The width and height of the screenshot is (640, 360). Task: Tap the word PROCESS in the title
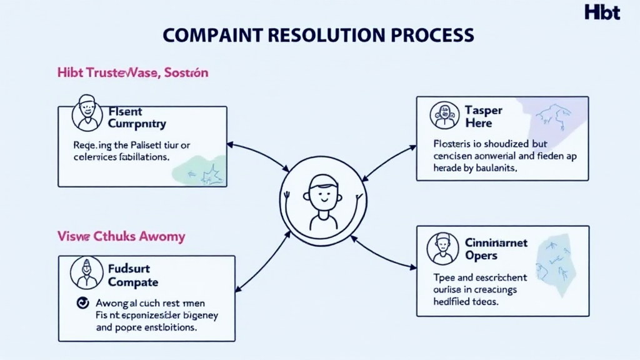[x=434, y=34]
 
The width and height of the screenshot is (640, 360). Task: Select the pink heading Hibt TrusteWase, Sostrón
[x=132, y=73]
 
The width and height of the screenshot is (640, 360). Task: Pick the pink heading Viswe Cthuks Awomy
[x=121, y=236]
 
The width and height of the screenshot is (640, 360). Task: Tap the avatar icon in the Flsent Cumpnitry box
[x=87, y=112]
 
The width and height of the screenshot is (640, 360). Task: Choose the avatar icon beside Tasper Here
[x=445, y=116]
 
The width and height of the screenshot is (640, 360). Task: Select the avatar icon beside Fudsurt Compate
[x=87, y=272]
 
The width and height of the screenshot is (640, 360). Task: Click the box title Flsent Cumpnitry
[x=137, y=117]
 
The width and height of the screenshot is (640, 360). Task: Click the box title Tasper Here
[x=483, y=116]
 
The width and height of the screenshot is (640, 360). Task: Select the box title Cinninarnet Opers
[x=496, y=249]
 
